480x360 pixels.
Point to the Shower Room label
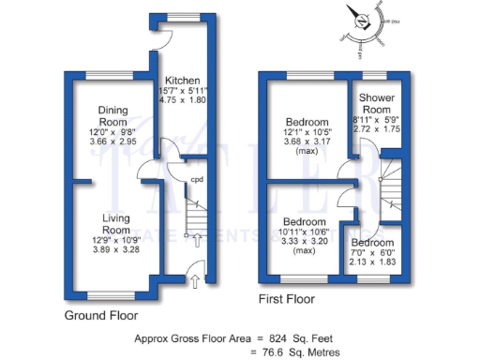coord(373,102)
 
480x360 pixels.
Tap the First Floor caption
coord(292,301)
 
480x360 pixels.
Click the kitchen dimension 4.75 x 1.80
coord(182,99)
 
